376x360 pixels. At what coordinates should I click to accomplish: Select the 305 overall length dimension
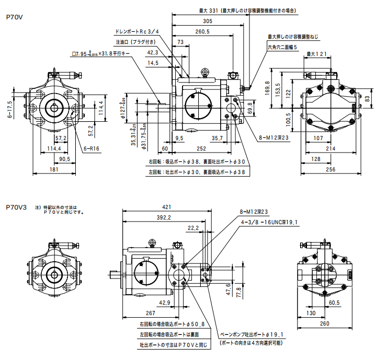pyautogui.click(x=208, y=21)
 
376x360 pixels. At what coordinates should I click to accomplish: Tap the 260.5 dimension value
pyautogui.click(x=202, y=31)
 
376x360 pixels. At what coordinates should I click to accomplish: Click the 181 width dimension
pyautogui.click(x=54, y=168)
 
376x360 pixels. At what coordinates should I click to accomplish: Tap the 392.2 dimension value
pyautogui.click(x=163, y=217)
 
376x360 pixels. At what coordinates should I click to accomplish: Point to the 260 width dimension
pyautogui.click(x=324, y=324)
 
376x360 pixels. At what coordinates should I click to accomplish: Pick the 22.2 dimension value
pyautogui.click(x=193, y=228)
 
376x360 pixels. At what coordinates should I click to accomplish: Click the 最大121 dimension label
pyautogui.click(x=316, y=54)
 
